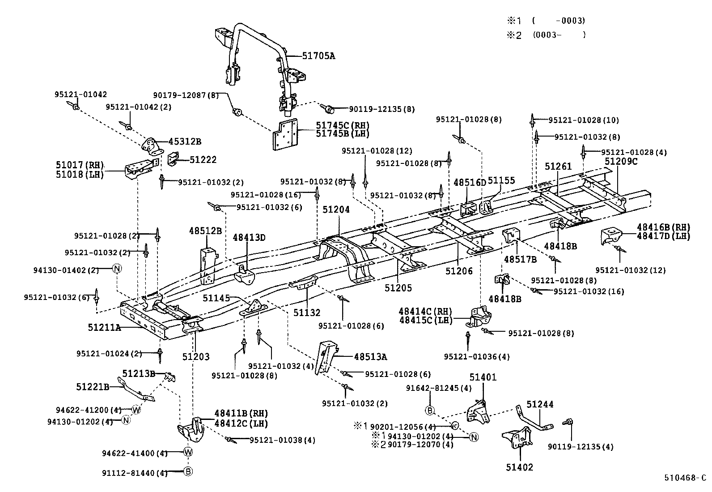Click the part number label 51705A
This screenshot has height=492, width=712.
[x=318, y=56]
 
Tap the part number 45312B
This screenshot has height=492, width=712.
[x=184, y=141]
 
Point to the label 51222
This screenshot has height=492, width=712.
[x=203, y=160]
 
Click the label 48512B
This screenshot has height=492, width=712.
[x=205, y=231]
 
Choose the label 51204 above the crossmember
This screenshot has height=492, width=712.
[x=336, y=210]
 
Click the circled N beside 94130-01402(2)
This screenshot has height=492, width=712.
[x=117, y=268]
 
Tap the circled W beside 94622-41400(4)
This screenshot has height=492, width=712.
[x=188, y=453]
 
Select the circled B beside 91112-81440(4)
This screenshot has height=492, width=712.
[x=188, y=471]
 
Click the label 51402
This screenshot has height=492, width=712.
[x=519, y=467]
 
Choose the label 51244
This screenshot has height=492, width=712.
[x=540, y=404]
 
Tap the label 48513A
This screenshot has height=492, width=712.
[x=370, y=357]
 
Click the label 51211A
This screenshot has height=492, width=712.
[x=104, y=327]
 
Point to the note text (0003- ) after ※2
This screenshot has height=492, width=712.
[x=559, y=34]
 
